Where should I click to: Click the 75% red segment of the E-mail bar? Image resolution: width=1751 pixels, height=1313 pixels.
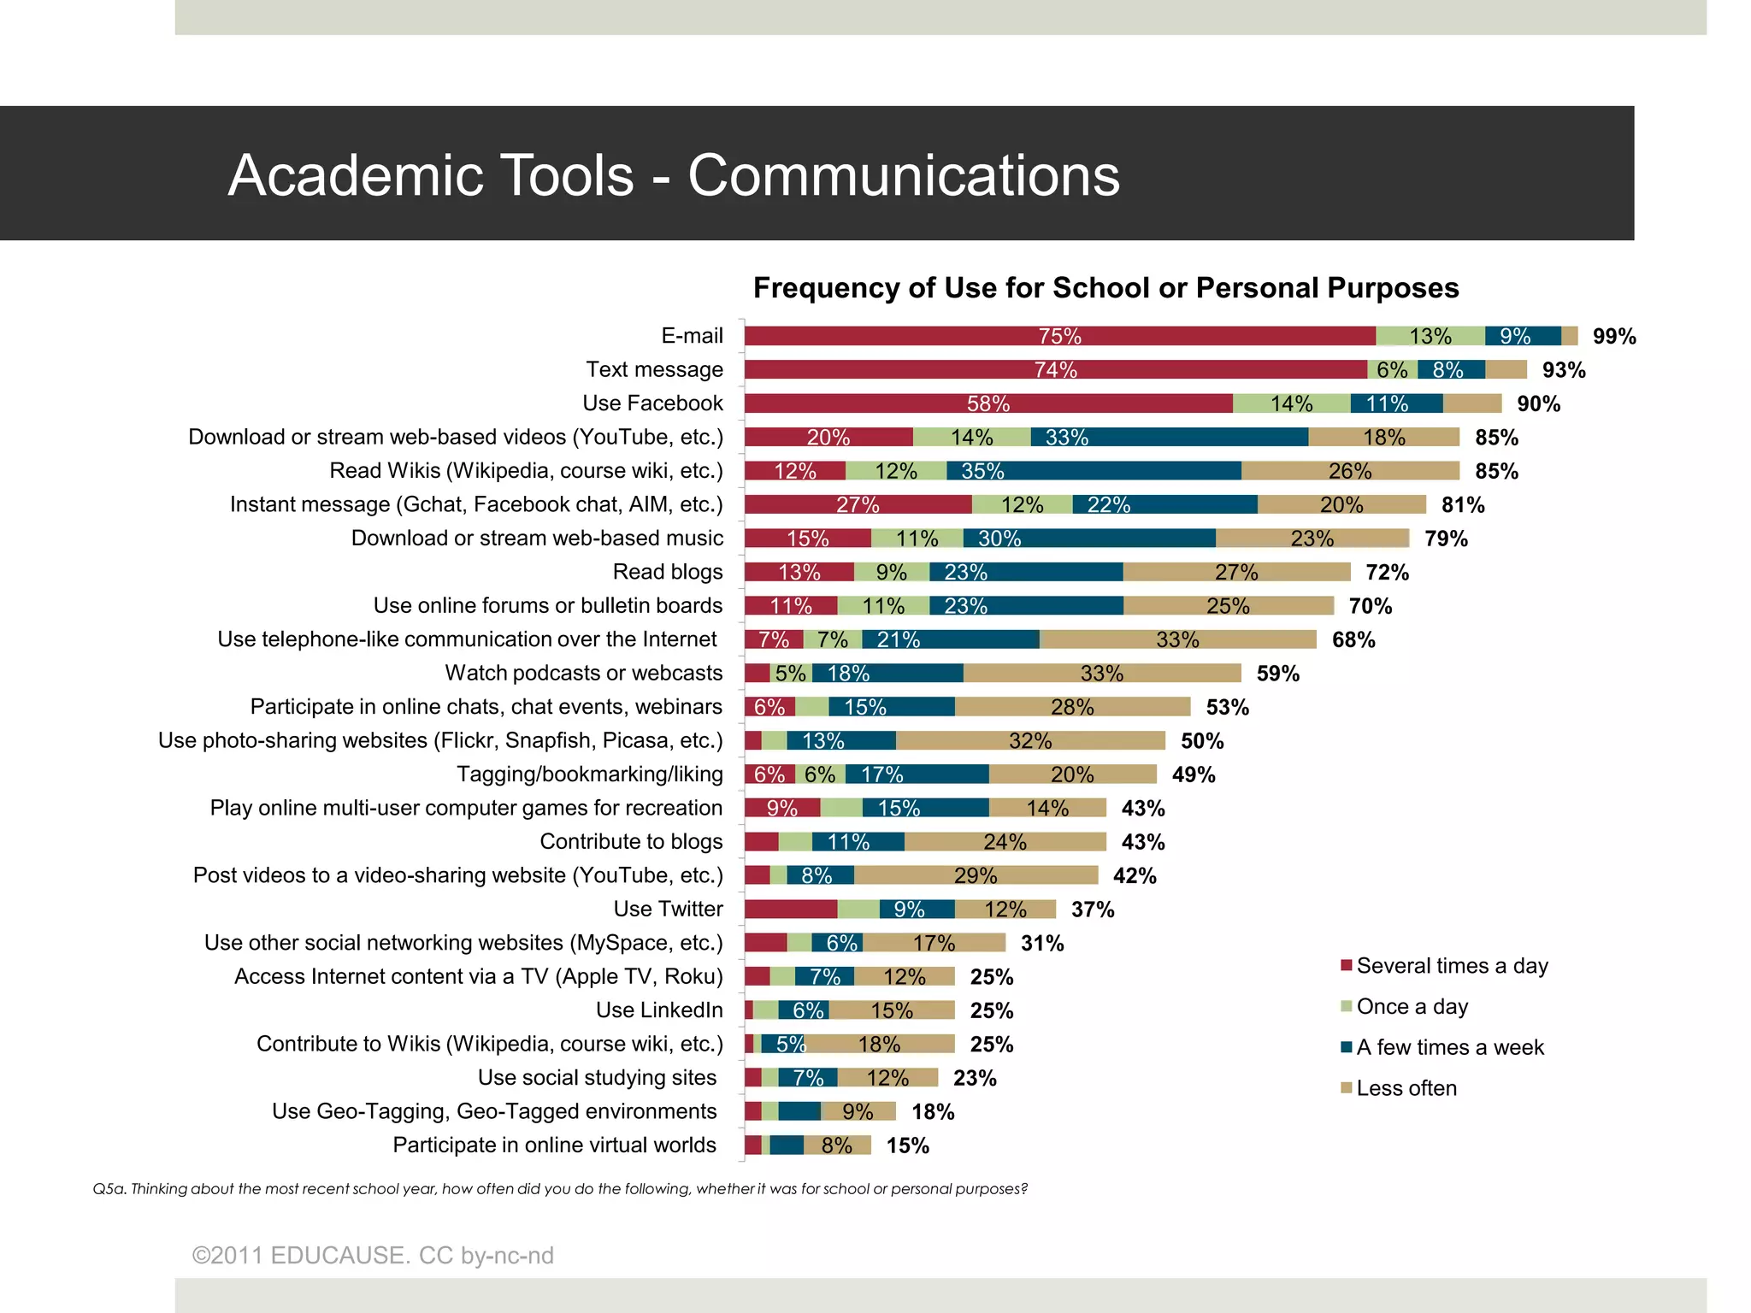(x=1059, y=336)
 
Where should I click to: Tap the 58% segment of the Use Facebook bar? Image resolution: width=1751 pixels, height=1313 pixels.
(x=988, y=403)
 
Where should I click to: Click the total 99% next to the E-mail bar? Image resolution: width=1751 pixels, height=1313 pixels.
(x=1613, y=337)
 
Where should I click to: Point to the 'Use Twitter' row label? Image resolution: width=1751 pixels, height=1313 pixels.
(x=668, y=909)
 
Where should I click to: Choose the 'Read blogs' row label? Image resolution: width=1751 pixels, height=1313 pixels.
(x=668, y=572)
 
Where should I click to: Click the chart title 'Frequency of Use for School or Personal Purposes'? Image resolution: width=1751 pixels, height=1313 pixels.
(x=1105, y=288)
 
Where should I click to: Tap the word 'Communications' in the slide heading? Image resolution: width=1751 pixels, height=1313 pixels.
(x=903, y=175)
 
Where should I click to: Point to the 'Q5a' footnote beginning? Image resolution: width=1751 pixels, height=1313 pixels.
(x=109, y=1189)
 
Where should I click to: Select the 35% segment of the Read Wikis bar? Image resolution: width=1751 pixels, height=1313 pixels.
(x=1093, y=471)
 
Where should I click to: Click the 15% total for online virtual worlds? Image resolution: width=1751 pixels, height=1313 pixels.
(x=907, y=1145)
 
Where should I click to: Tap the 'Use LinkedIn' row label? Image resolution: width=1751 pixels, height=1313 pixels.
(x=658, y=1010)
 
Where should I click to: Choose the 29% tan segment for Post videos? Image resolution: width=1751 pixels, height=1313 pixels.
(x=976, y=875)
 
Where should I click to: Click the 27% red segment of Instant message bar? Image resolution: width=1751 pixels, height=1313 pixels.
(x=858, y=504)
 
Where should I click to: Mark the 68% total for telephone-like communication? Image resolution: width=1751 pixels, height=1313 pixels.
(x=1353, y=639)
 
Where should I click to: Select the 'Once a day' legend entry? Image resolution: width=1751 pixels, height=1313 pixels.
(x=1412, y=1007)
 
